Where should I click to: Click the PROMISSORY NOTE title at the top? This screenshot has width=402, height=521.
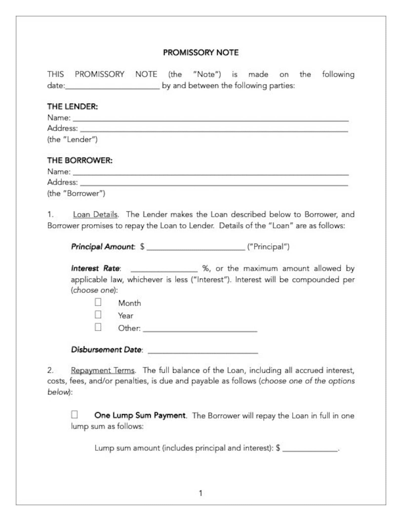(x=200, y=52)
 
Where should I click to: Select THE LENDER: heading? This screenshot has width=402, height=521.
(x=72, y=106)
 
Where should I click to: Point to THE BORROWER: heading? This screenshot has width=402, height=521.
(x=80, y=160)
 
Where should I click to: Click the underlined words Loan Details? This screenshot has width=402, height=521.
(x=95, y=214)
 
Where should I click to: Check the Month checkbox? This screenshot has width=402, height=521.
(x=98, y=302)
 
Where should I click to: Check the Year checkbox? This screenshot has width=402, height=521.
(x=98, y=315)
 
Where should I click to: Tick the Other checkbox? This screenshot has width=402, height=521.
(x=98, y=327)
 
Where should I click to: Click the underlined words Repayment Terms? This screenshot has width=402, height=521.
(x=103, y=370)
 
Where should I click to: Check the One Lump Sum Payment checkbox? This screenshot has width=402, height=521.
(x=74, y=415)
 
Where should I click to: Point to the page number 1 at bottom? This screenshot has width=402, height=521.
(x=201, y=493)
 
